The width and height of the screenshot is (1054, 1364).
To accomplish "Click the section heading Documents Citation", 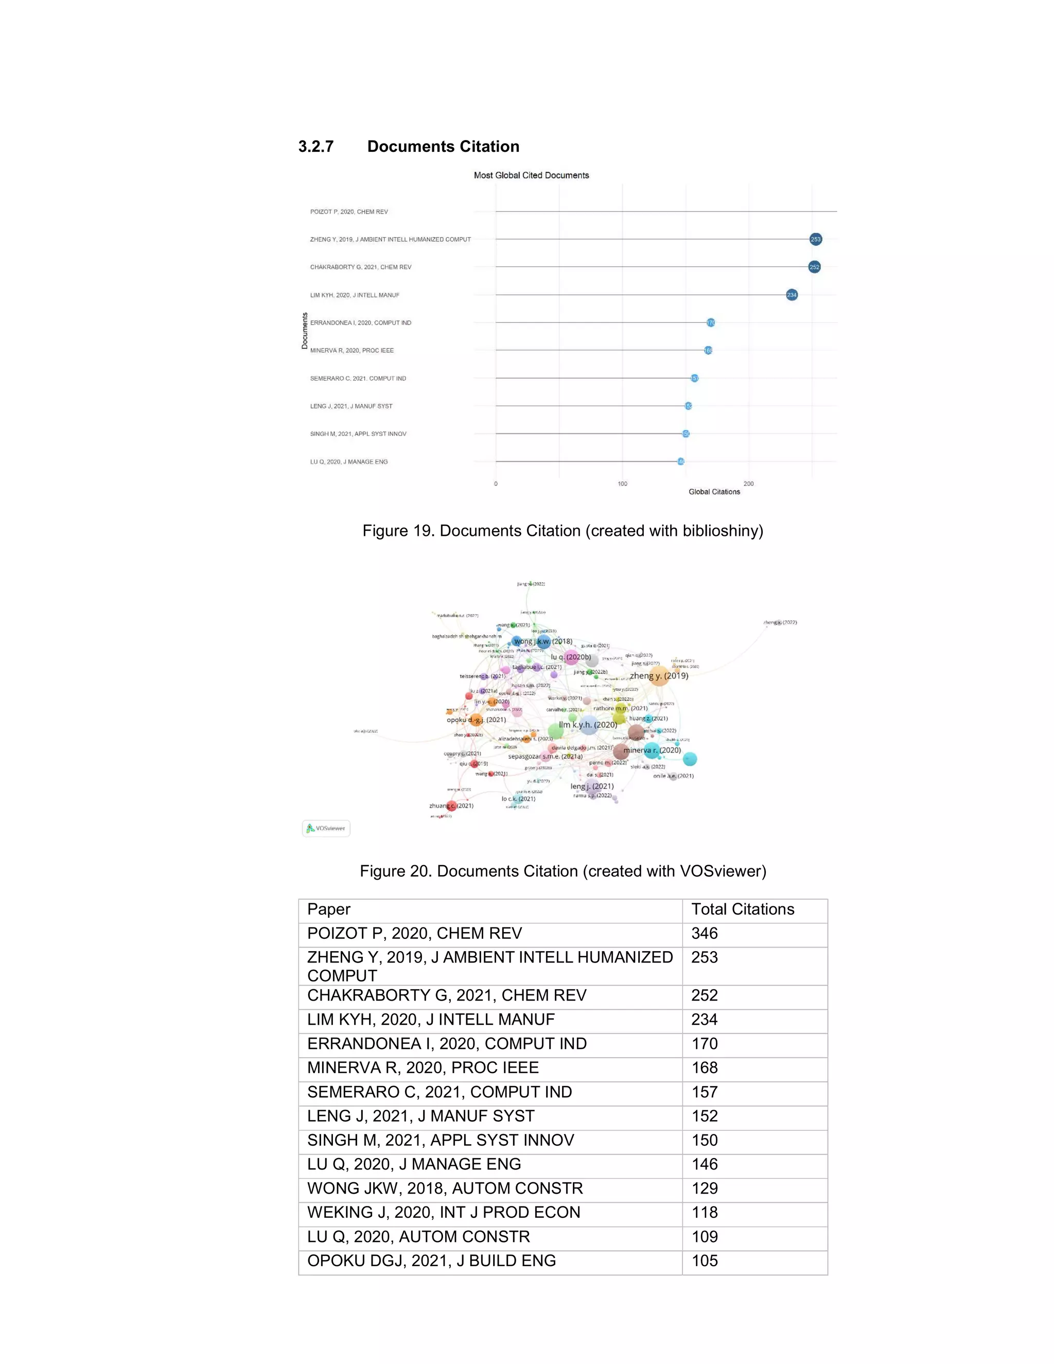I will [x=443, y=147].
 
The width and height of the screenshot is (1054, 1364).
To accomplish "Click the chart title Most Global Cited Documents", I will [x=531, y=176].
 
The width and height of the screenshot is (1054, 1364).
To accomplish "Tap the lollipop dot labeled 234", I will [x=791, y=295].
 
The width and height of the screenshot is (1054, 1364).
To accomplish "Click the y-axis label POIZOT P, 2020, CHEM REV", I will [x=348, y=212].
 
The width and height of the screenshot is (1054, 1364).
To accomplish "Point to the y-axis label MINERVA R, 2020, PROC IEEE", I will [x=352, y=351].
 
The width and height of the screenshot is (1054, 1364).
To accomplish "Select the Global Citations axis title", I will [x=714, y=492].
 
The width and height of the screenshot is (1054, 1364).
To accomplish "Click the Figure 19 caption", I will [x=563, y=531].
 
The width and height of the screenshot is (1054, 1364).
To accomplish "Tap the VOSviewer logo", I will [x=326, y=828].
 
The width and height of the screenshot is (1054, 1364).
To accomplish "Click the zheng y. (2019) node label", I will [x=659, y=676].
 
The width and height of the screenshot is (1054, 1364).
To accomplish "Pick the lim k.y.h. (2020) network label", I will [x=588, y=725].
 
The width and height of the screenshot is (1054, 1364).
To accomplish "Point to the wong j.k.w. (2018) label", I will [x=542, y=641].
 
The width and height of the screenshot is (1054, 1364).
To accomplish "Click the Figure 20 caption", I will [x=563, y=871].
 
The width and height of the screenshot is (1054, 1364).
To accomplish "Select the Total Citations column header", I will [x=743, y=910].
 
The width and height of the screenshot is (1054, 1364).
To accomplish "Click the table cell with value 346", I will [x=705, y=934].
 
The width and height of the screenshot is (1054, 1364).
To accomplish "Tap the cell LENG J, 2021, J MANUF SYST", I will [x=420, y=1116].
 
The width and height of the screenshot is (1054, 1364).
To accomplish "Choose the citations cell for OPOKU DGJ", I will [x=705, y=1261].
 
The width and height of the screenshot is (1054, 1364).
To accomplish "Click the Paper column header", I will [x=328, y=910].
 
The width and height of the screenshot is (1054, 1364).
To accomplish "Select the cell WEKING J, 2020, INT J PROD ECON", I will [x=443, y=1212].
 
